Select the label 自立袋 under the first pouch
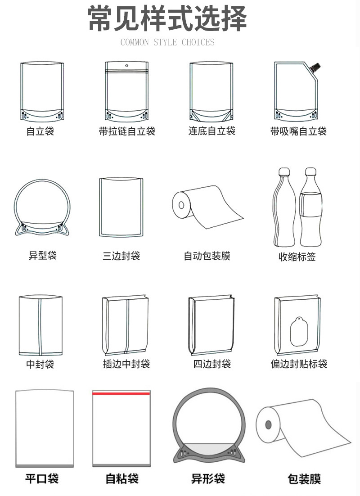point(40,132)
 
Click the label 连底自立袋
point(211,131)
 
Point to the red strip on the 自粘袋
point(121,393)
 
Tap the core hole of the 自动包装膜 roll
point(181,205)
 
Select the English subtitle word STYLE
point(166,43)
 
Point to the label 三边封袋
point(121,256)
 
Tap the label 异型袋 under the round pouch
point(43,256)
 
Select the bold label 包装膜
point(304,478)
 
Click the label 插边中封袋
point(126,364)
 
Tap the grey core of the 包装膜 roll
point(269,424)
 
